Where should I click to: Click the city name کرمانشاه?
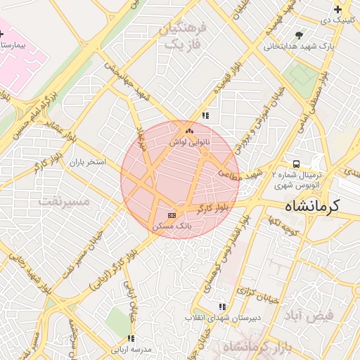(312, 206)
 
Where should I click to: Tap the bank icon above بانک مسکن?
(172, 214)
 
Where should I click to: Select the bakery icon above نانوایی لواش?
(188, 131)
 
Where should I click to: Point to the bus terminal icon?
(295, 164)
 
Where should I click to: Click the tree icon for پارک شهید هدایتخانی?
(300, 34)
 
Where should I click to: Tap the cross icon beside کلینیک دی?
(338, 9)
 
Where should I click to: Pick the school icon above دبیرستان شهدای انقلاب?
(223, 307)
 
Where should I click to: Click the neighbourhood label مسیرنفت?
(65, 202)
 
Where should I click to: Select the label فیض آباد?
(309, 315)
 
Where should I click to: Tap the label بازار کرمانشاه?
(256, 347)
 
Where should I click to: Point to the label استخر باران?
(87, 162)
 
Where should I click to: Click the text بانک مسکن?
(172, 226)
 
